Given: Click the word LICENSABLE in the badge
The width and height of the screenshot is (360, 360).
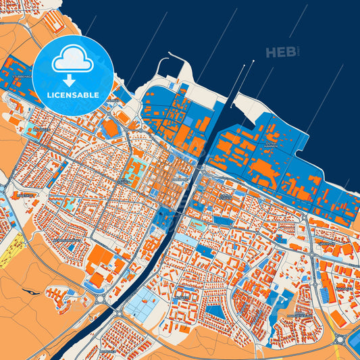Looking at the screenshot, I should [74, 95].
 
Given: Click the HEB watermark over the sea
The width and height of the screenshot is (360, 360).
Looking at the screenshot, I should [282, 52].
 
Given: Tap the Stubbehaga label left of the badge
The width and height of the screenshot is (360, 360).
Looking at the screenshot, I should [20, 77].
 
